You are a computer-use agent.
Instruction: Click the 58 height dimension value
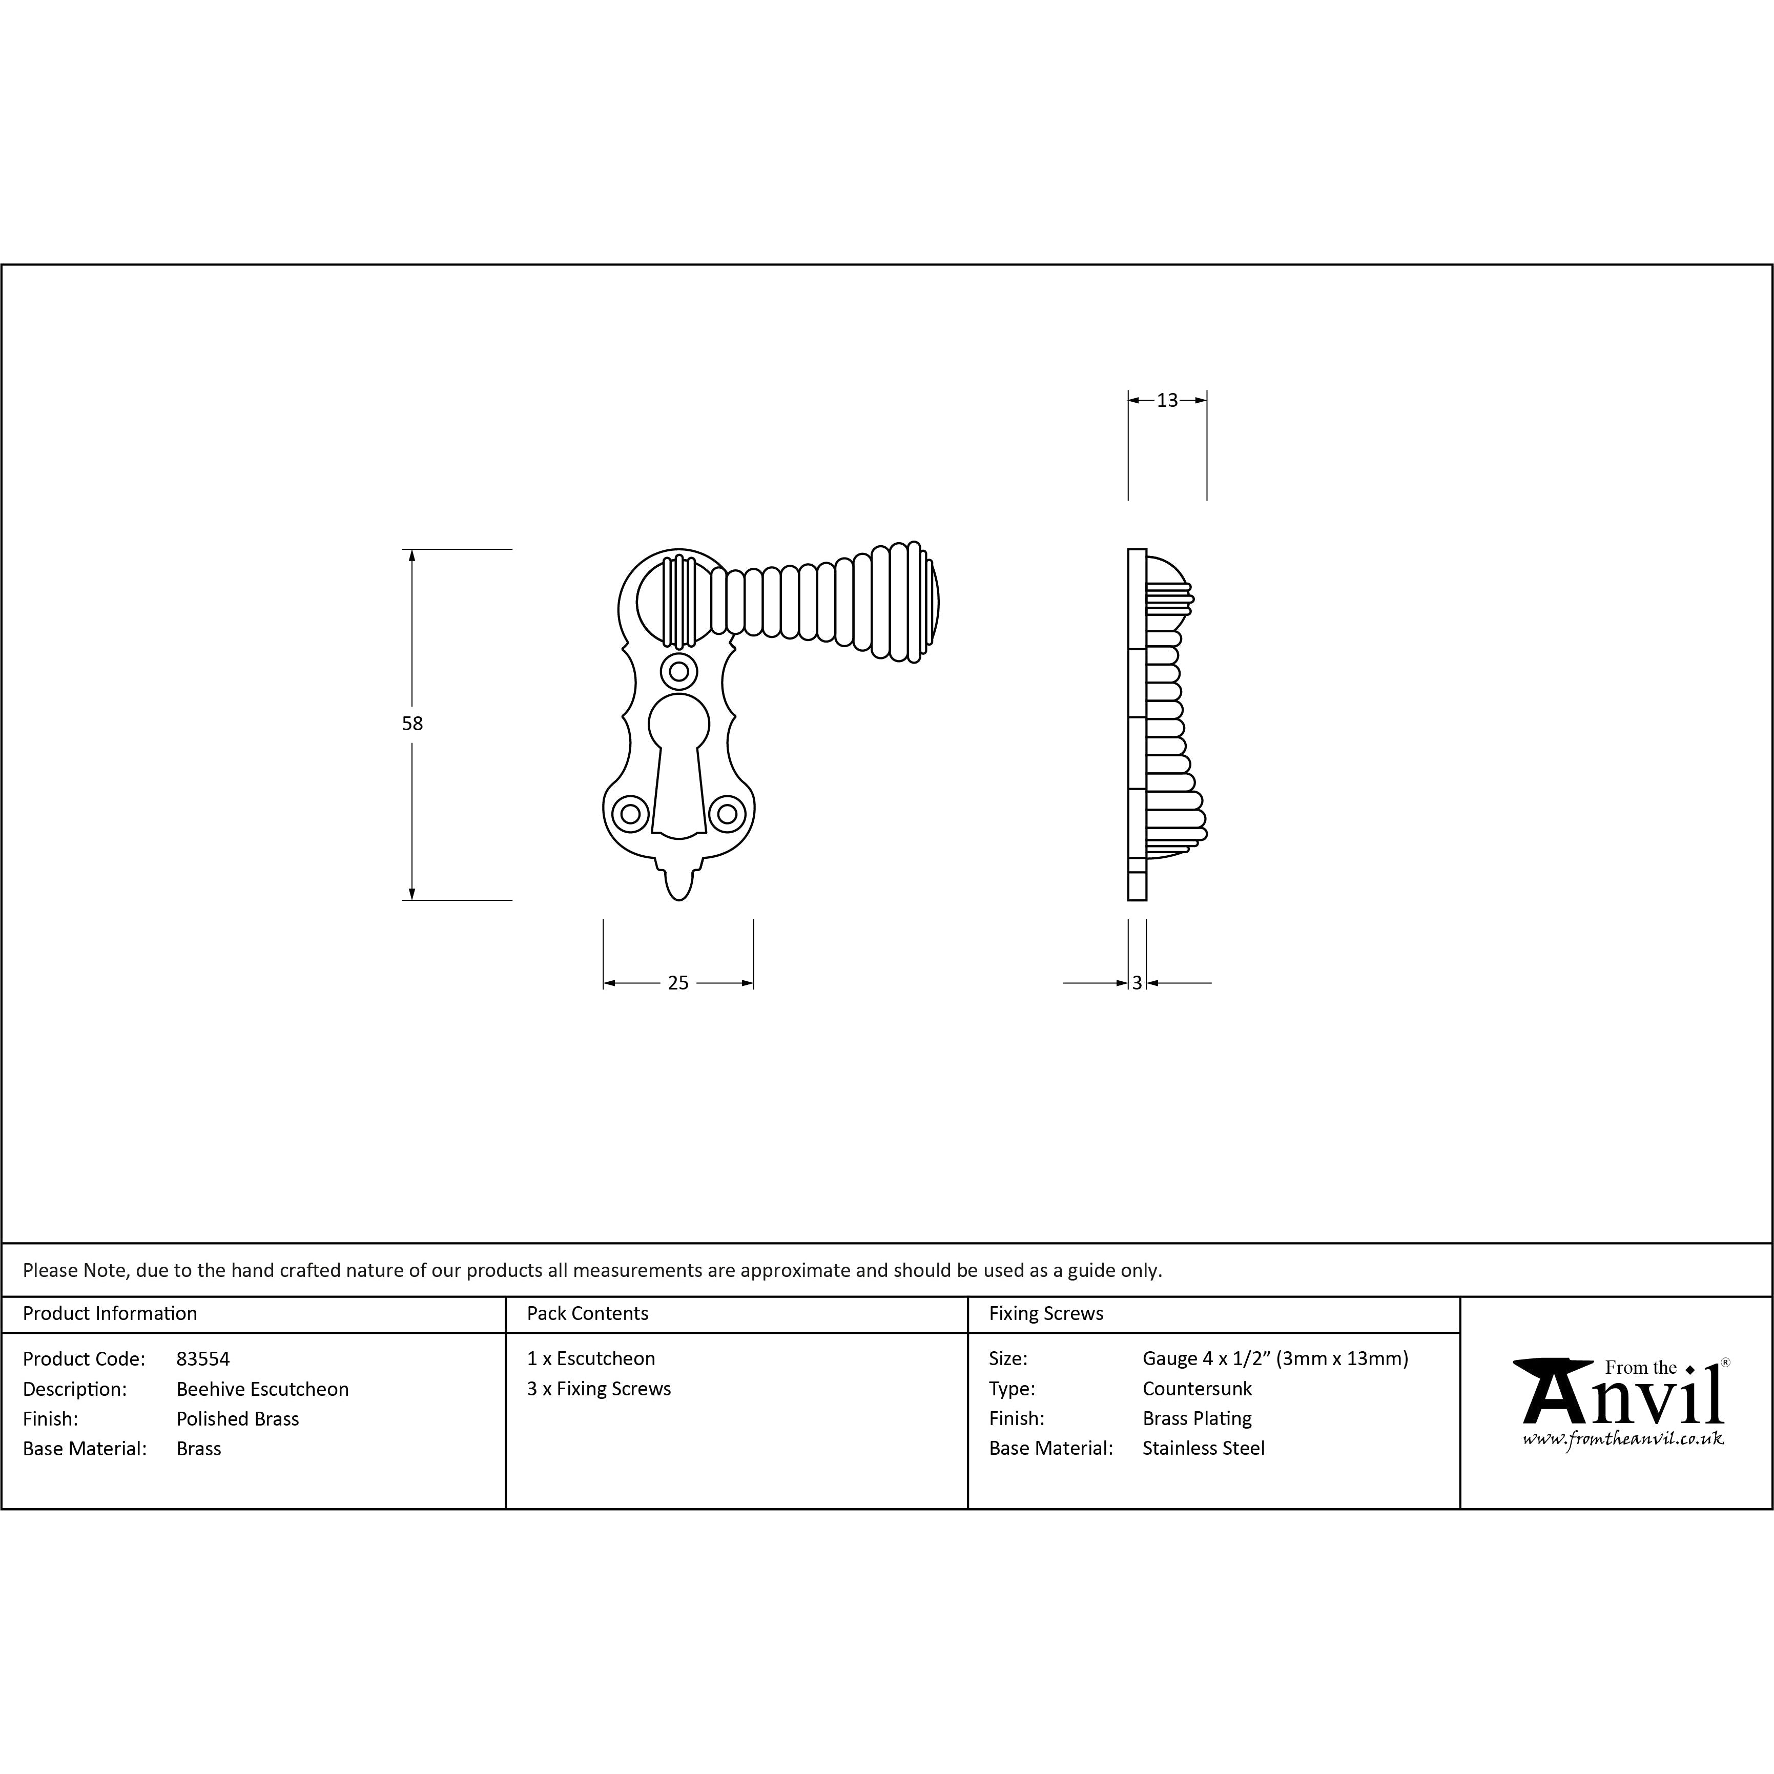click(x=412, y=724)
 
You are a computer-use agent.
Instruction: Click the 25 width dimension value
click(x=677, y=983)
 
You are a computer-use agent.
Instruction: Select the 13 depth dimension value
click(x=1167, y=400)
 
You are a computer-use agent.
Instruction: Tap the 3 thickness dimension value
click(x=1137, y=983)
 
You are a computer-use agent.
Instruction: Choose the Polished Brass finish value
click(x=238, y=1419)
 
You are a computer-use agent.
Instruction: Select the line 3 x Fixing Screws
click(x=599, y=1388)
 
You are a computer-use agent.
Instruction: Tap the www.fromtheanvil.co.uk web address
click(x=1622, y=1439)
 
